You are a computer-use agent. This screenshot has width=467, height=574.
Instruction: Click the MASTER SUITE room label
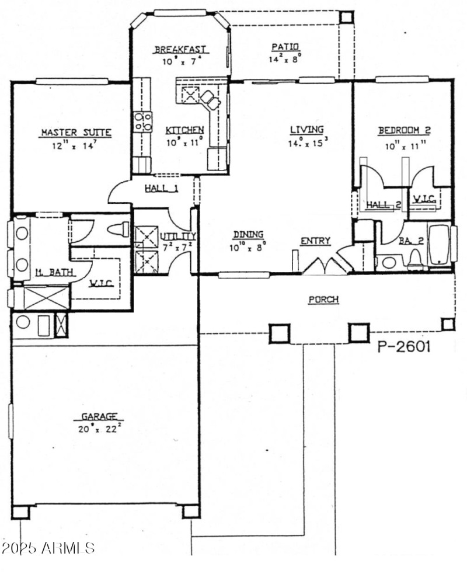point(75,133)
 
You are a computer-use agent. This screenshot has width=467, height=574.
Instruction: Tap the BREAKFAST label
point(181,50)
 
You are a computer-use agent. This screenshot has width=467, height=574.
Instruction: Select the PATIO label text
point(285,47)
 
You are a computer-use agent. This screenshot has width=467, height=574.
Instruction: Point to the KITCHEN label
point(184,130)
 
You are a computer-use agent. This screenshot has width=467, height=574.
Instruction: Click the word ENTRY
point(316,241)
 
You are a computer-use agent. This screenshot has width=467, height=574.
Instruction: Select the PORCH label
point(323,300)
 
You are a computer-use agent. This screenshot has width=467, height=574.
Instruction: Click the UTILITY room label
point(178,236)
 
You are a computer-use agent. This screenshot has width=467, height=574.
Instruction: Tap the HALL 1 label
point(162,188)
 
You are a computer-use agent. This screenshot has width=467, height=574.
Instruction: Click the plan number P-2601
point(404,347)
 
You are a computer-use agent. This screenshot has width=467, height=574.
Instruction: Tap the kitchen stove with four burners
point(143,121)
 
